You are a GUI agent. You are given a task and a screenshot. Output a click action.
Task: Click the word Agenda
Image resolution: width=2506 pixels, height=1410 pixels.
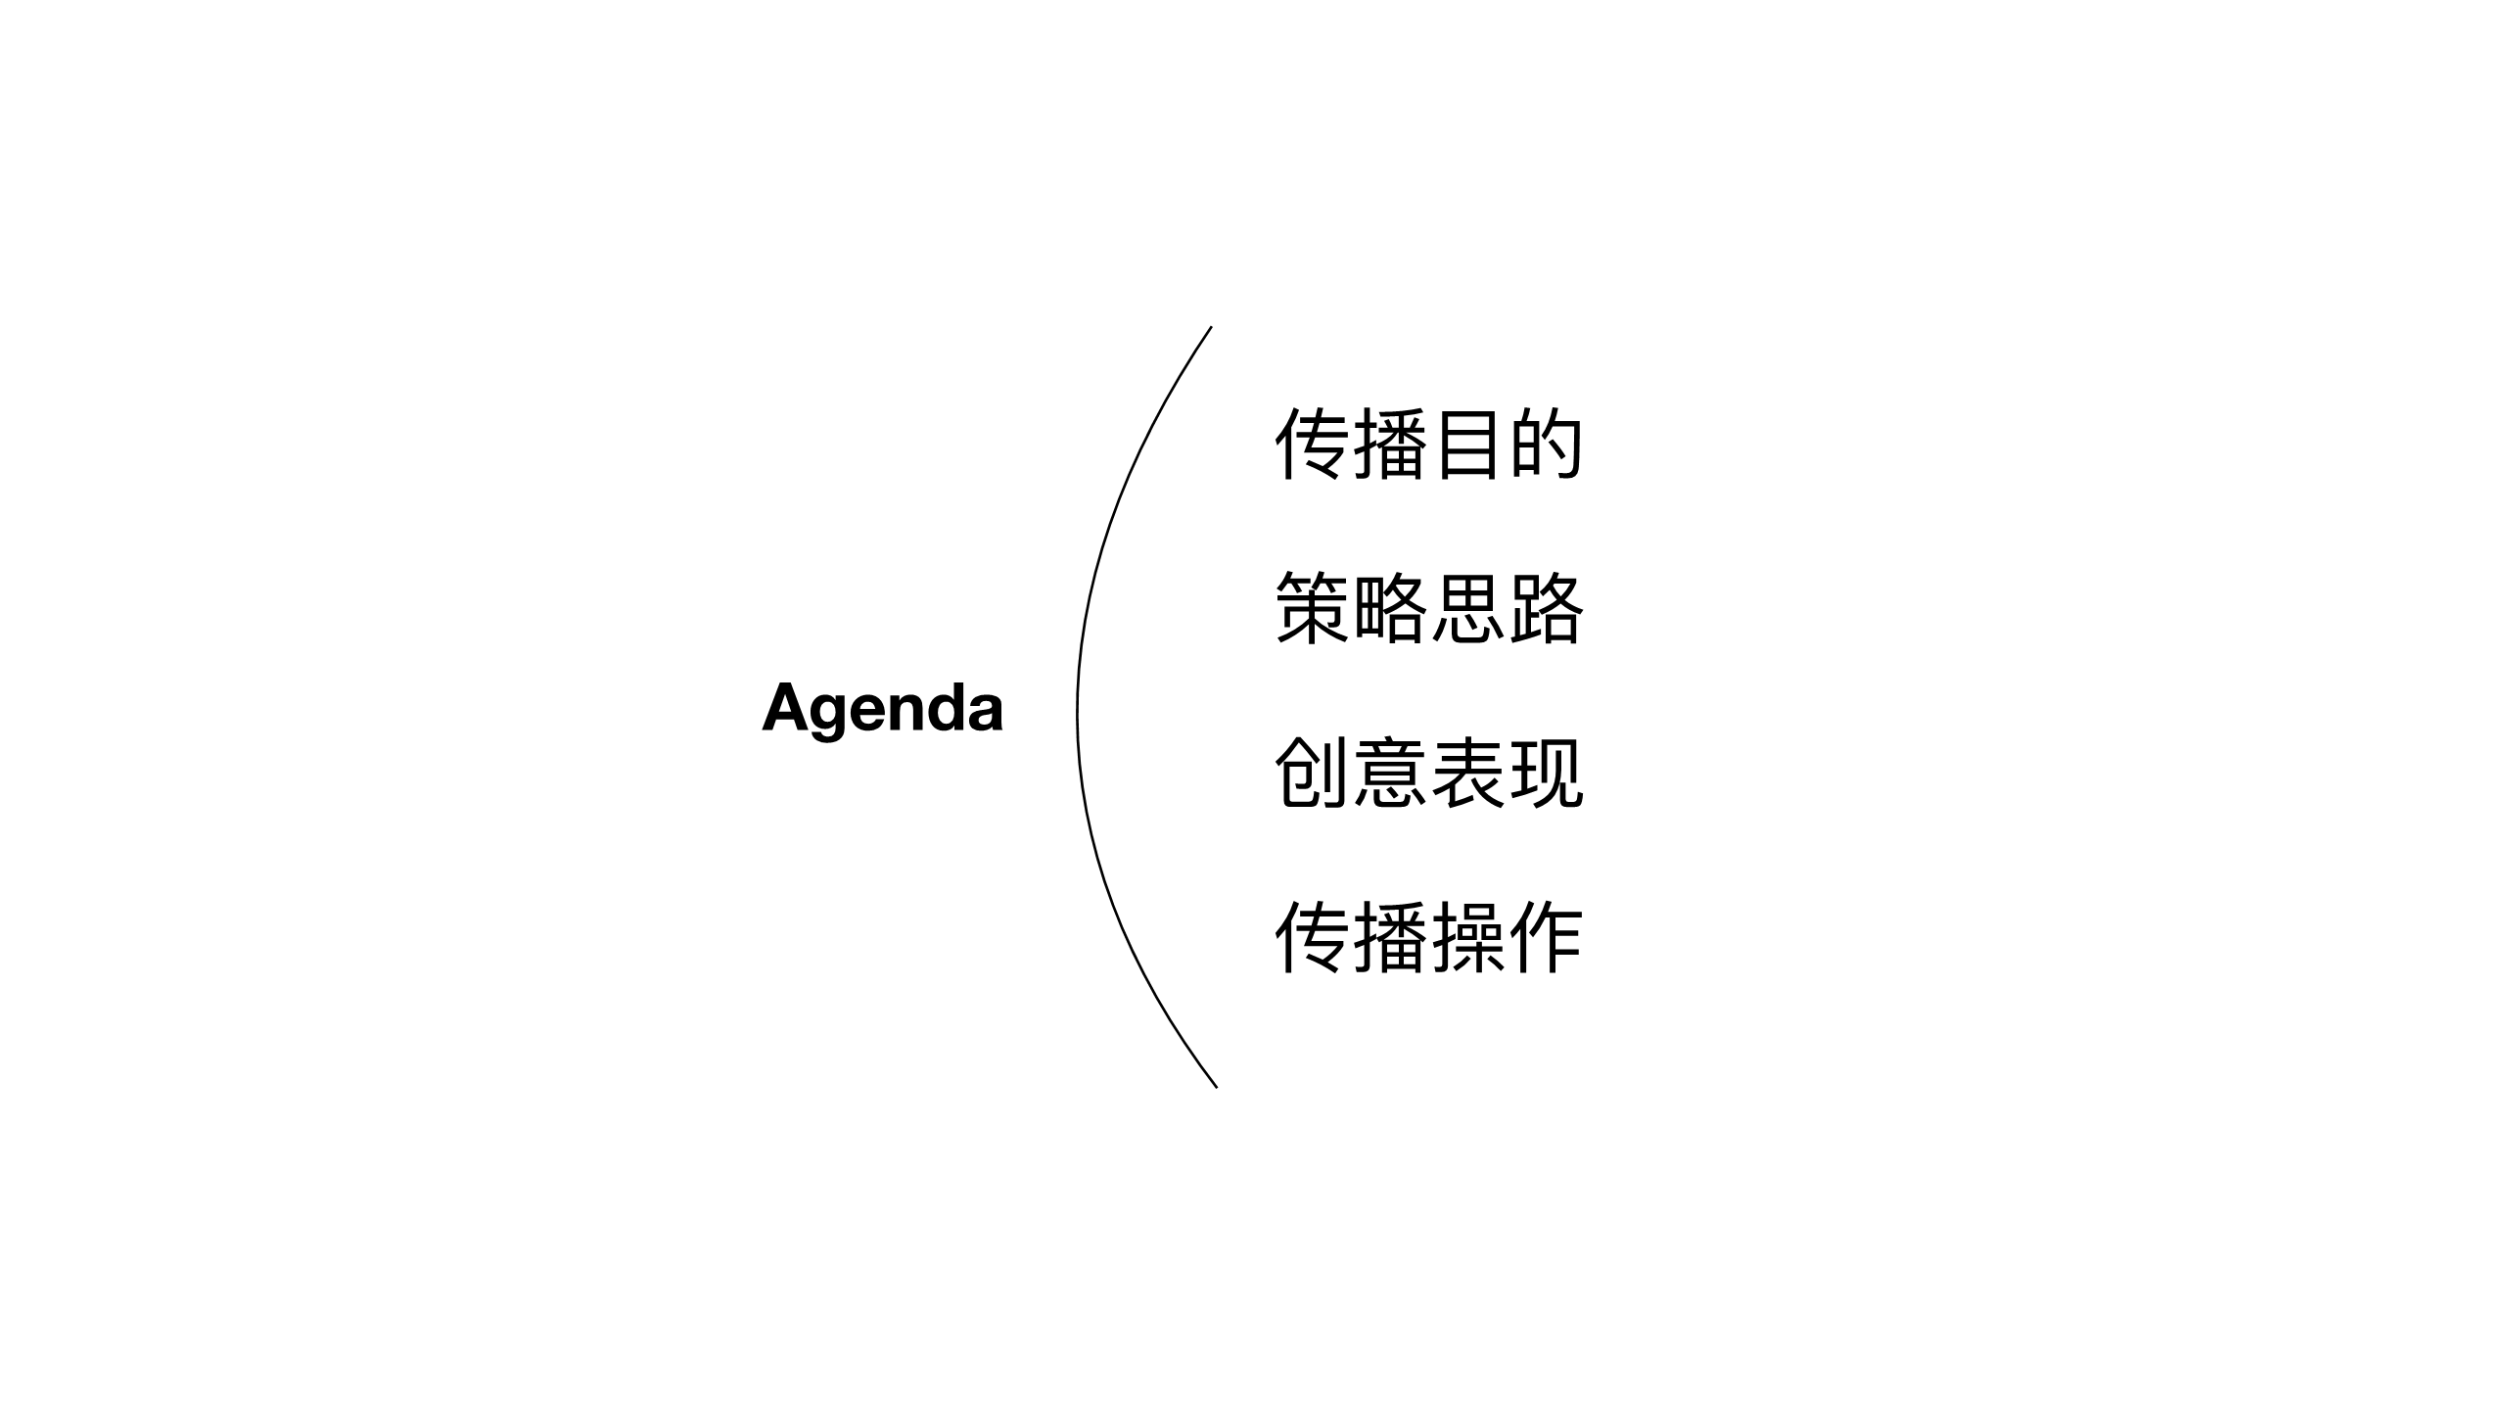[883, 710]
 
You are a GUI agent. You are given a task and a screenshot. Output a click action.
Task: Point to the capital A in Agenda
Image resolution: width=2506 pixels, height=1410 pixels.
[787, 706]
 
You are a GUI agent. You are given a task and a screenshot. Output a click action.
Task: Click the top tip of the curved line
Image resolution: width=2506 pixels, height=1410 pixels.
[1211, 327]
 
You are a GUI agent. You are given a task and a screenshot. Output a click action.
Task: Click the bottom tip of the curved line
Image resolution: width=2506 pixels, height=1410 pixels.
[1216, 1087]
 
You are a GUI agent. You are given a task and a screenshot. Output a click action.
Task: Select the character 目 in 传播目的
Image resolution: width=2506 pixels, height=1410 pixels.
[1467, 445]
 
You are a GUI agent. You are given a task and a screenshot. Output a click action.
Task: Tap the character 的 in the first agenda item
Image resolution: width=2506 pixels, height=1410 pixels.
[1546, 445]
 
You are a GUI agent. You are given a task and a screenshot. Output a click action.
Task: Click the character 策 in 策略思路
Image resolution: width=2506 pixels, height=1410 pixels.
[1312, 609]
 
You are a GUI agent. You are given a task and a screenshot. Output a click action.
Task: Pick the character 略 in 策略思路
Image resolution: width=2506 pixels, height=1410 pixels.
[1389, 609]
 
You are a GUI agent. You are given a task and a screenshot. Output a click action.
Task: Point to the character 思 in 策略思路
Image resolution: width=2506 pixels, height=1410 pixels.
[1467, 609]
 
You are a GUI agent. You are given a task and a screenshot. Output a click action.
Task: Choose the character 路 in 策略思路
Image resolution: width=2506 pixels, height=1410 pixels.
[1546, 609]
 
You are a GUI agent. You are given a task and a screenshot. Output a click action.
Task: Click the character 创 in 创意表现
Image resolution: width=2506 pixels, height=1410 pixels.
[1312, 774]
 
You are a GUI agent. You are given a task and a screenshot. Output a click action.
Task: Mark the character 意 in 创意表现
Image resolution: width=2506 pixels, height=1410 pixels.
[1389, 774]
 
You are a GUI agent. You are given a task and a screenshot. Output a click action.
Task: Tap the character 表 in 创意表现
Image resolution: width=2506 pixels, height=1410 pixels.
[1467, 774]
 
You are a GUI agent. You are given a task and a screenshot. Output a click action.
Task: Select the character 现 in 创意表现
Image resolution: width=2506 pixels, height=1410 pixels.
[1546, 774]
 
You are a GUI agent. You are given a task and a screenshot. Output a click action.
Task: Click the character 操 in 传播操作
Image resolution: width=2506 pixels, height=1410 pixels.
[1467, 938]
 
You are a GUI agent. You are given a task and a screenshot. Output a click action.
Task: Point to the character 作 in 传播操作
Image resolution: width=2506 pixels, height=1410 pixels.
[1546, 938]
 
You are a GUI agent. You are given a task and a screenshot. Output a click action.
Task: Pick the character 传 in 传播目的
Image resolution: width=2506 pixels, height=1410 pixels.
[1312, 445]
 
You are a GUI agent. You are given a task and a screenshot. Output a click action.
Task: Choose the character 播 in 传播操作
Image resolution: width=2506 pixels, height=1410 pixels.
[1389, 938]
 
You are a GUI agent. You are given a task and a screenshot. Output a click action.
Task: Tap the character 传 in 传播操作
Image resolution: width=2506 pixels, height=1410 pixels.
[1312, 938]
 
